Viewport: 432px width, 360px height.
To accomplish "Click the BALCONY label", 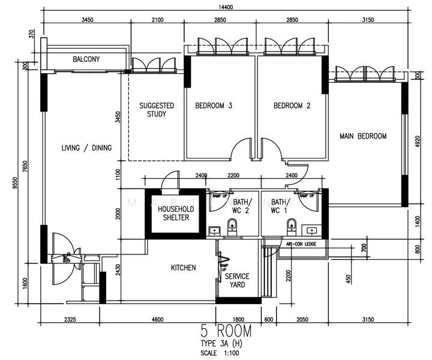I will click(86, 59).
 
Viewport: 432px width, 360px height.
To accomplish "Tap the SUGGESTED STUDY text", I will click(157, 110).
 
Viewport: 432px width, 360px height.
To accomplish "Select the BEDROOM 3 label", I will click(214, 106).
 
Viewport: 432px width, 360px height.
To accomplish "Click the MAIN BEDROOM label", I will click(363, 136).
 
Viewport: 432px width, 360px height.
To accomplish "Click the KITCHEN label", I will click(183, 268).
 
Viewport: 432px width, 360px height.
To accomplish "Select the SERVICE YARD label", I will click(237, 280).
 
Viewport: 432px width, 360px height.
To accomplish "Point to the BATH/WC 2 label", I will click(242, 206).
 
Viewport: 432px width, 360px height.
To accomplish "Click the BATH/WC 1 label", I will click(280, 206).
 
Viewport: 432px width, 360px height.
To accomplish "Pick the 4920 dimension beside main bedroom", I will click(418, 142).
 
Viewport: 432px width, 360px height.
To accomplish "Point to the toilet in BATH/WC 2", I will click(233, 226).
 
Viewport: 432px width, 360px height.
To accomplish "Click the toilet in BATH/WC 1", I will click(292, 226).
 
